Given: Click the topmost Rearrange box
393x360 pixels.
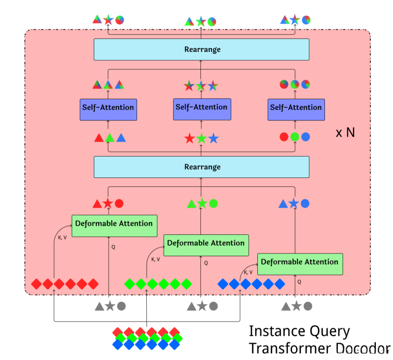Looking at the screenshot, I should [x=201, y=49].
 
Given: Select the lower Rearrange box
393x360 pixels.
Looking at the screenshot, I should [x=201, y=167].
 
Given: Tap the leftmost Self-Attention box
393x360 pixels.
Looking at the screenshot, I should [x=108, y=107].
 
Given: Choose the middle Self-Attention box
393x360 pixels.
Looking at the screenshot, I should [x=201, y=107].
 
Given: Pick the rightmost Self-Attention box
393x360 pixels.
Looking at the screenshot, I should [x=295, y=108].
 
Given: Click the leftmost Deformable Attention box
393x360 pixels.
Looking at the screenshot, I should [x=114, y=223].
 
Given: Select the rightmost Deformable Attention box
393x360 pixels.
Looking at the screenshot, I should [x=299, y=262].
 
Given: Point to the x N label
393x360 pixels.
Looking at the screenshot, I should [x=345, y=133].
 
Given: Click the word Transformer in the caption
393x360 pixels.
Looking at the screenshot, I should [x=286, y=348].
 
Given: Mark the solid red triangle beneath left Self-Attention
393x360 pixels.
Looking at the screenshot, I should [x=98, y=138].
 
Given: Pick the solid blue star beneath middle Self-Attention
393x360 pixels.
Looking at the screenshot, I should [x=212, y=138].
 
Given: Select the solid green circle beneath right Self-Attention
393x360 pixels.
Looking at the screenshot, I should [x=295, y=137].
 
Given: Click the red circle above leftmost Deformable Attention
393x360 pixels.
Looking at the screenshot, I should [x=119, y=203].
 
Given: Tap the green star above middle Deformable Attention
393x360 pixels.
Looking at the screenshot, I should [x=202, y=203].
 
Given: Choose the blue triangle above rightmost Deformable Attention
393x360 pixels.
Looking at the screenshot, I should [x=283, y=203].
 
